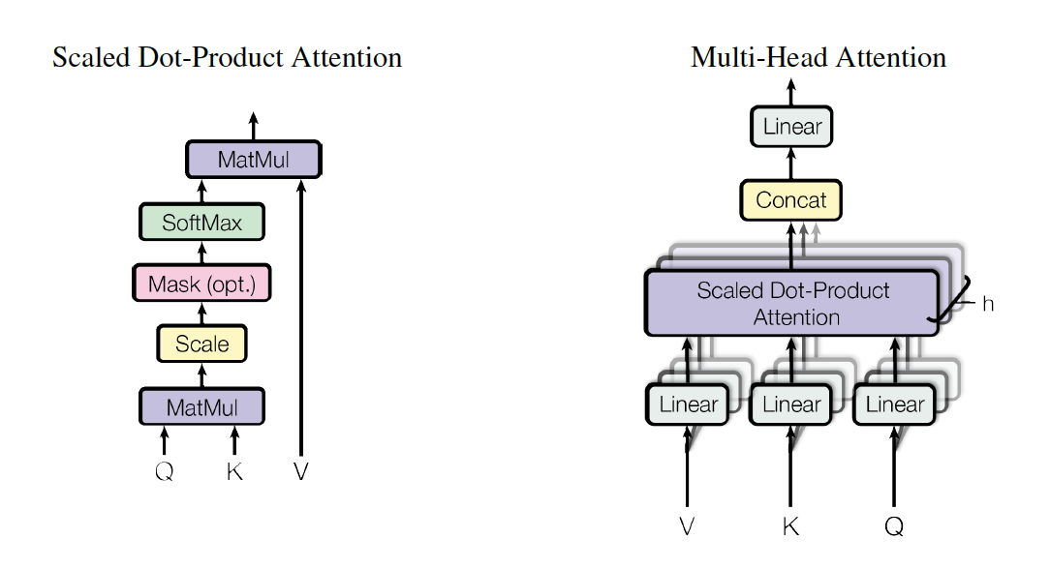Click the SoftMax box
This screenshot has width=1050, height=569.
201,223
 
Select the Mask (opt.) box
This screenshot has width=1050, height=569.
201,284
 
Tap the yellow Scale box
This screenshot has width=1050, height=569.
201,344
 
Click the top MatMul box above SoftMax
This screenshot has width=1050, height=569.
253,160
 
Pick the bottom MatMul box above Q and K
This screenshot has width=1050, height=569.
201,407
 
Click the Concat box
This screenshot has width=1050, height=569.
791,200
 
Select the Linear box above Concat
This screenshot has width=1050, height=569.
791,127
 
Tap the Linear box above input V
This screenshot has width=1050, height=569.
688,404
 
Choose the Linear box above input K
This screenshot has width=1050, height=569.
791,404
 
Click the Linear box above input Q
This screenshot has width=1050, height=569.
894,404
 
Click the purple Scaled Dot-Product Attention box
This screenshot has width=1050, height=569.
791,303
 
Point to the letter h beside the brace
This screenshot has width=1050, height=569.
987,304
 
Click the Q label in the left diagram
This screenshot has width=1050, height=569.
164,472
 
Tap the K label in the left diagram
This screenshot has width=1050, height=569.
233,472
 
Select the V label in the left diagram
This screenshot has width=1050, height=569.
301,472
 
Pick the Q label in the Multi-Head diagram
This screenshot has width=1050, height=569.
893,527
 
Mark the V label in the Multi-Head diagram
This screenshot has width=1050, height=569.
687,527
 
